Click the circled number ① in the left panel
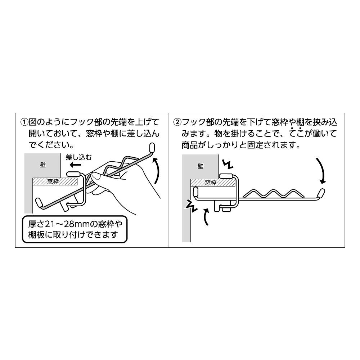pyautogui.click(x=24, y=122)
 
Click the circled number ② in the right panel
pyautogui.click(x=177, y=122)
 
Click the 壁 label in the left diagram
pyautogui.click(x=43, y=165)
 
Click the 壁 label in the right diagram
pyautogui.click(x=201, y=166)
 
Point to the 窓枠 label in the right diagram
pyautogui.click(x=211, y=183)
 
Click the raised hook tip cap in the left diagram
pyautogui.click(x=152, y=147)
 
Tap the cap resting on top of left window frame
pyautogui.click(x=73, y=173)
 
